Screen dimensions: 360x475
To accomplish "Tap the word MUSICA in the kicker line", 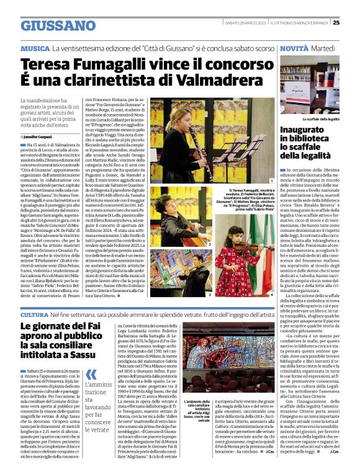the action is [35, 48].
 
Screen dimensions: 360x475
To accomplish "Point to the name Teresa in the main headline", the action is [47, 65].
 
